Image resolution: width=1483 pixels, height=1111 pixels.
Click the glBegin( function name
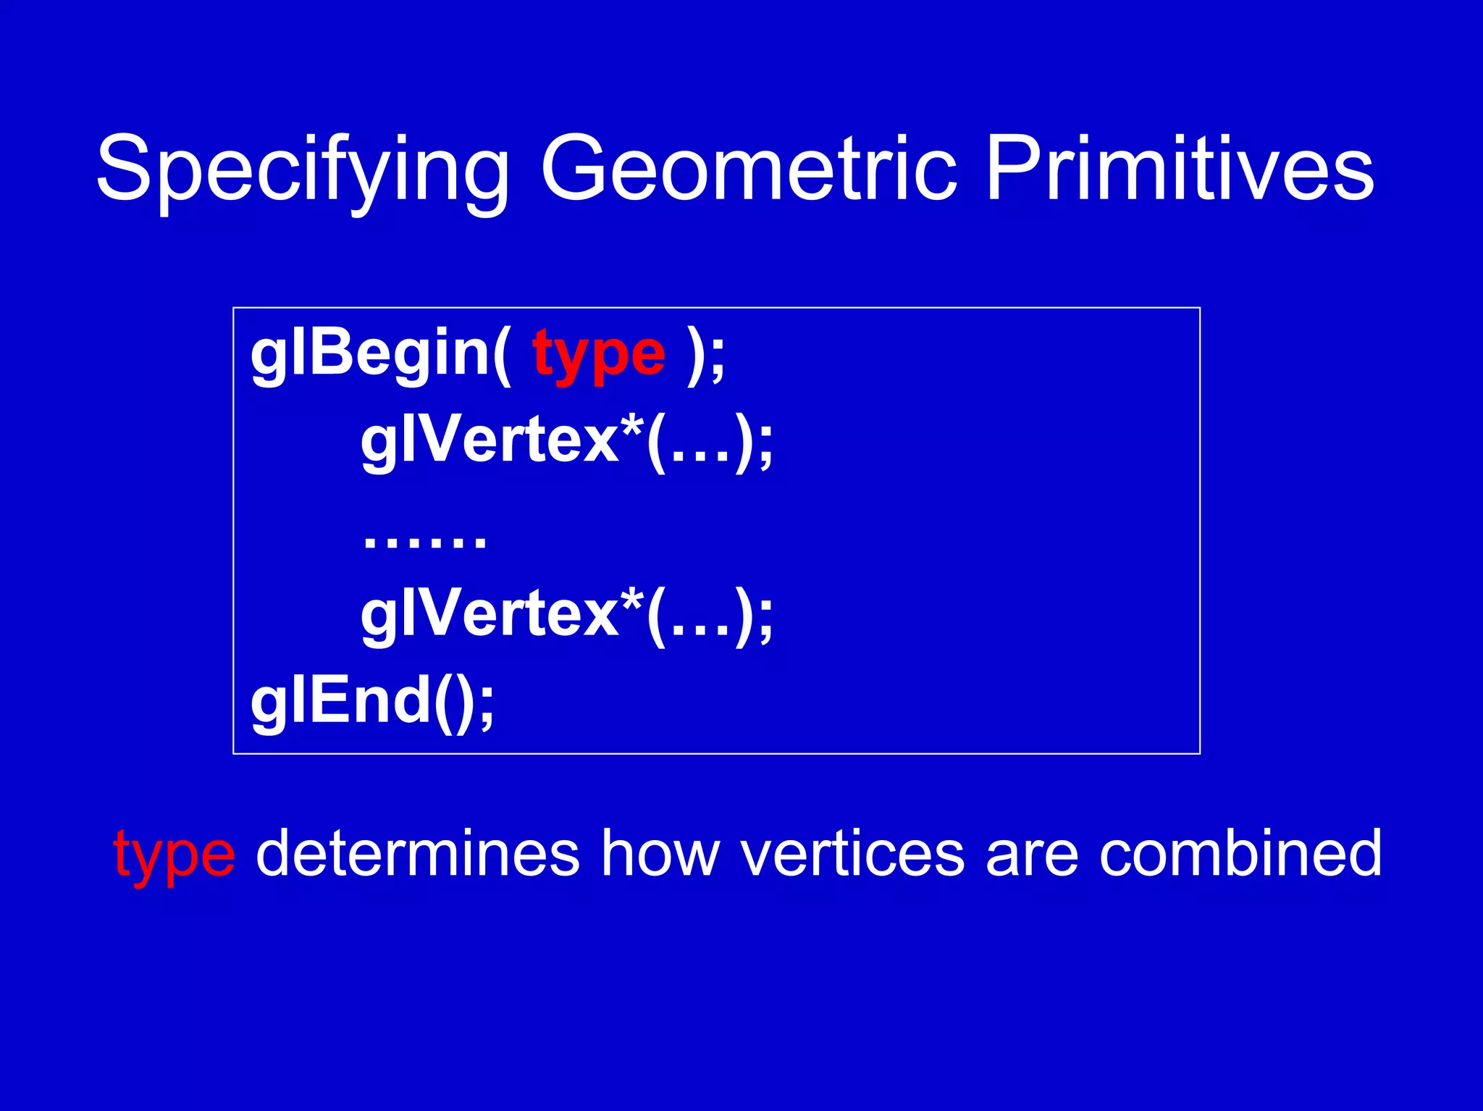[379, 355]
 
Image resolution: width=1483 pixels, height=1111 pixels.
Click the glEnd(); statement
[372, 701]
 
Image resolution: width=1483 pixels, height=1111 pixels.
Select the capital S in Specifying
[123, 168]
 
